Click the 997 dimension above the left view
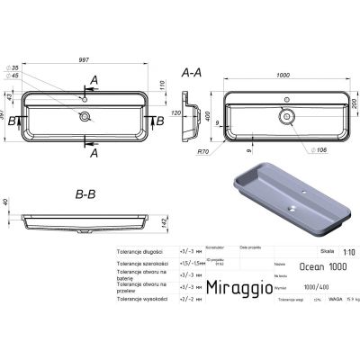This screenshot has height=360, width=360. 87,58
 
